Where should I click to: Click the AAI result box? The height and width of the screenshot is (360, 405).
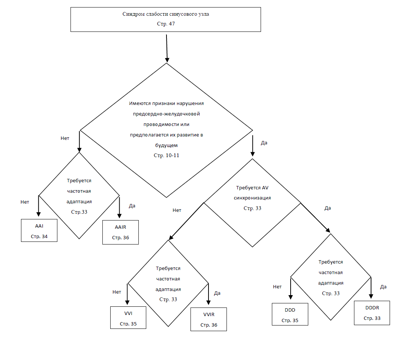pyautogui.click(x=39, y=230)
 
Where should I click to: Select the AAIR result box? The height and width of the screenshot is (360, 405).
pyautogui.click(x=121, y=232)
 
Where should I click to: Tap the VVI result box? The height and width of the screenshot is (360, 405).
pyautogui.click(x=128, y=318)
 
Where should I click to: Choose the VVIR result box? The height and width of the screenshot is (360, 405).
pyautogui.click(x=209, y=319)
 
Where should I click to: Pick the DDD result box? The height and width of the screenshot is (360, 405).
pyautogui.click(x=290, y=314)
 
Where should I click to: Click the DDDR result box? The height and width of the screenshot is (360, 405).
pyautogui.click(x=372, y=313)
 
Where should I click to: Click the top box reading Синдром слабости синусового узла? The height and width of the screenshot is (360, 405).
pyautogui.click(x=166, y=19)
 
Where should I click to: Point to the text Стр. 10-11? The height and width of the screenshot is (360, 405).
pyautogui.click(x=166, y=156)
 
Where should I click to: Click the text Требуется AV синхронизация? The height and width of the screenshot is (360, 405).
pyautogui.click(x=252, y=193)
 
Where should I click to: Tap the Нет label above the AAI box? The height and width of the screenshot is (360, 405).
pyautogui.click(x=25, y=202)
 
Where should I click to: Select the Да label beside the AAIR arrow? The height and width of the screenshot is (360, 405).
pyautogui.click(x=132, y=206)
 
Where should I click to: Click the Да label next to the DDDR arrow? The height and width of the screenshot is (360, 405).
pyautogui.click(x=383, y=286)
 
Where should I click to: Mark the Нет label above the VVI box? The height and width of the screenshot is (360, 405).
pyautogui.click(x=117, y=292)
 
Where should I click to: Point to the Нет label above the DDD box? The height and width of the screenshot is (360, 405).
pyautogui.click(x=277, y=286)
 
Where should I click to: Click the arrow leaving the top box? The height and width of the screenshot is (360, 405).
pyautogui.click(x=167, y=48)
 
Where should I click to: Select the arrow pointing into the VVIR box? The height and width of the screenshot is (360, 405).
pyautogui.click(x=208, y=294)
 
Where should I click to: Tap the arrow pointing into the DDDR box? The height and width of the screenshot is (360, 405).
pyautogui.click(x=371, y=288)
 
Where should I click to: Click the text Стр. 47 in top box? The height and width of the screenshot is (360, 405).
pyautogui.click(x=166, y=24)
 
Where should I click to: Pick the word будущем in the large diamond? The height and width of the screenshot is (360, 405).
pyautogui.click(x=166, y=145)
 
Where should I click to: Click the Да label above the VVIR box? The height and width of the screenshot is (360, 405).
pyautogui.click(x=217, y=293)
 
